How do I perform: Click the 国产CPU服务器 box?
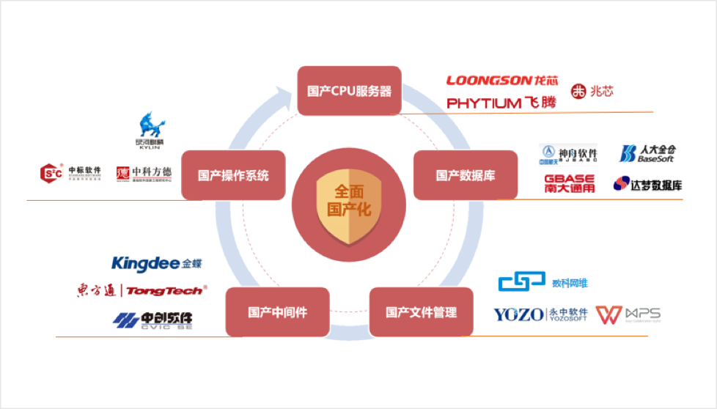click(349, 92)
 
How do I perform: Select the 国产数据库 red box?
click(466, 175)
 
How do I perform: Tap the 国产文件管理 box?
click(421, 312)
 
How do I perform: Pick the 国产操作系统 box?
click(233, 175)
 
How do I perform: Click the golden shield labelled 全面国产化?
click(349, 202)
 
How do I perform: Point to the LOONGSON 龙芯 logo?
click(502, 80)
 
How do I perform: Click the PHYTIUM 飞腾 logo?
click(501, 103)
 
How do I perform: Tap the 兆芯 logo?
click(592, 92)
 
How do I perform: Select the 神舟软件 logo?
click(568, 154)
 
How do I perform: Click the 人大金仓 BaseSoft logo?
click(647, 153)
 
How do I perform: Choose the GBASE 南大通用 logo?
click(570, 183)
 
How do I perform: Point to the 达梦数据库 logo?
click(647, 184)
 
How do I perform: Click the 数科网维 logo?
click(543, 282)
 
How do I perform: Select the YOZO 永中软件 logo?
click(541, 314)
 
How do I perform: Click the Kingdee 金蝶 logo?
click(155, 263)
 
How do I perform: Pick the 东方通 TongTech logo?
click(141, 291)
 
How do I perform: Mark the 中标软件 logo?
click(70, 173)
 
